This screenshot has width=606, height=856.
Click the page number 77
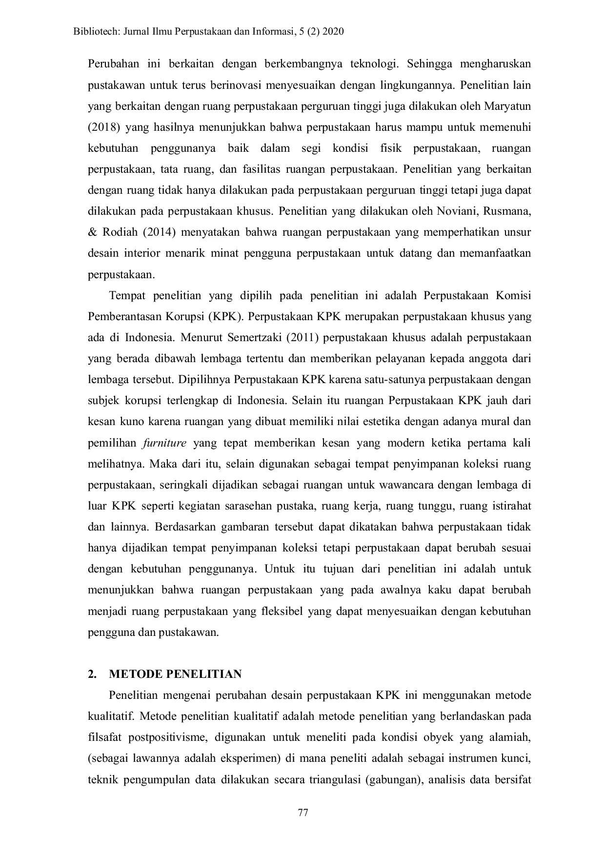point(303,813)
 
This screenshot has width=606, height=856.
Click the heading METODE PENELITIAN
point(175,674)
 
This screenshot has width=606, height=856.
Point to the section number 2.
point(91,674)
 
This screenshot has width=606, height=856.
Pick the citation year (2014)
point(159,232)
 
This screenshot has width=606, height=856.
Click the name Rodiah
point(120,232)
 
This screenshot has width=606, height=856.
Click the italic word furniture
point(164,443)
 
